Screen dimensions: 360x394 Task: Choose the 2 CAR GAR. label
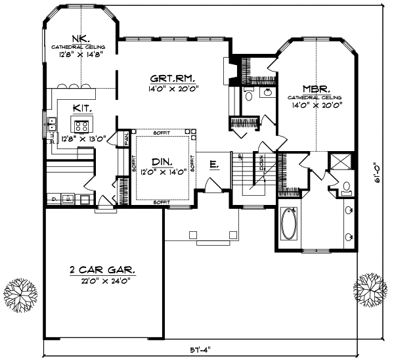[x=102, y=270]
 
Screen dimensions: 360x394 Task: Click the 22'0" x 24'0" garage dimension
[x=102, y=281]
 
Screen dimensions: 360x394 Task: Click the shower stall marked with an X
[x=341, y=161]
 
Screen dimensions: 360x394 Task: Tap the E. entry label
[x=214, y=166]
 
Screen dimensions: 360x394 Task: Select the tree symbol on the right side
[x=370, y=290]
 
